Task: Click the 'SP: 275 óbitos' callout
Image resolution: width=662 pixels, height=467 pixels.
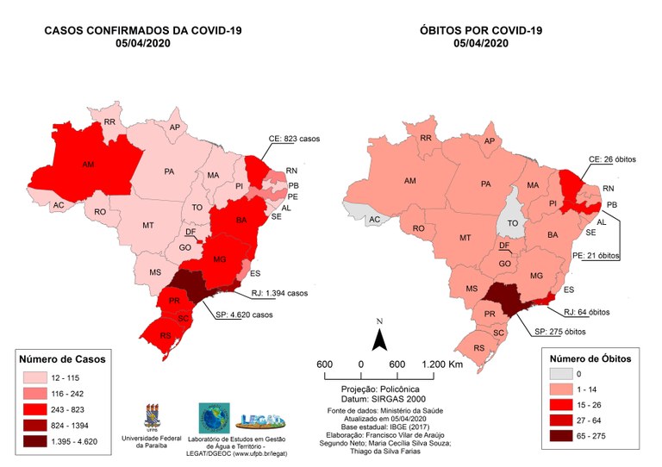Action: (x=560, y=332)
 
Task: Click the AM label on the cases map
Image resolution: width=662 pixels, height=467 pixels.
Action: (x=88, y=164)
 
